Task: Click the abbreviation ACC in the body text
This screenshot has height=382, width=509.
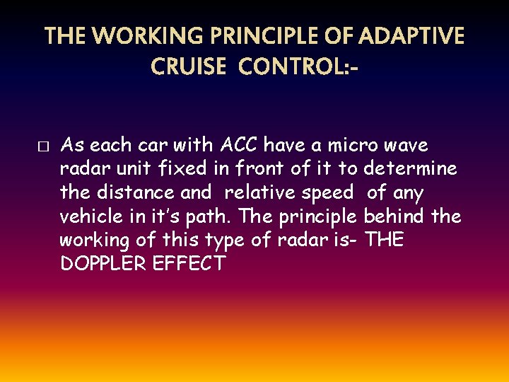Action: click(x=240, y=145)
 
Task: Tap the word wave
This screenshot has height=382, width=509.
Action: click(x=406, y=145)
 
